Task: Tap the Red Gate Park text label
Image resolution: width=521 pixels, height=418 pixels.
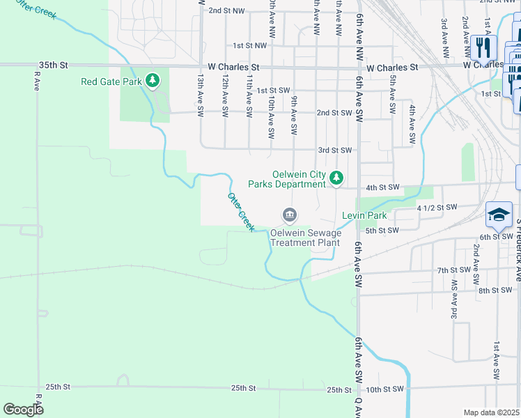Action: click(x=111, y=82)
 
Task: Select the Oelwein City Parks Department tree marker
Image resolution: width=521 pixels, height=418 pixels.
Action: click(x=336, y=178)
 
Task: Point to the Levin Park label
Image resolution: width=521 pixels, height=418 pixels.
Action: click(x=364, y=216)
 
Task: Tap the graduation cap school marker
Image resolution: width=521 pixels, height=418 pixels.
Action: click(x=499, y=215)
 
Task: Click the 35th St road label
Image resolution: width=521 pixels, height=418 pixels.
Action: click(x=53, y=65)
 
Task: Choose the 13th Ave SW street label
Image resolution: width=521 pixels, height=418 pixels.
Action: click(x=201, y=95)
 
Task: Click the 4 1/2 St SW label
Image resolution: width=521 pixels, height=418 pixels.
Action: click(x=437, y=208)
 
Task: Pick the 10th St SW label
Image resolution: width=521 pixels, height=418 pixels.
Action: click(x=385, y=389)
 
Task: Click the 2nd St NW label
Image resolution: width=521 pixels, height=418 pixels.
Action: click(x=226, y=11)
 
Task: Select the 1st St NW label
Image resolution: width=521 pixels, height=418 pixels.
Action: click(x=250, y=45)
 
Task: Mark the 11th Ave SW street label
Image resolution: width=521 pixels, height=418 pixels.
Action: click(x=249, y=95)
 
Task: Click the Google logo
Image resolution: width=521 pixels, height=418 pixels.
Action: click(x=23, y=410)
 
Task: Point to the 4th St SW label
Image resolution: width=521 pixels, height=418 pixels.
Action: click(x=382, y=187)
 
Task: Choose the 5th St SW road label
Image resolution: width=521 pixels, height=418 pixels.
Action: click(x=382, y=231)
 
